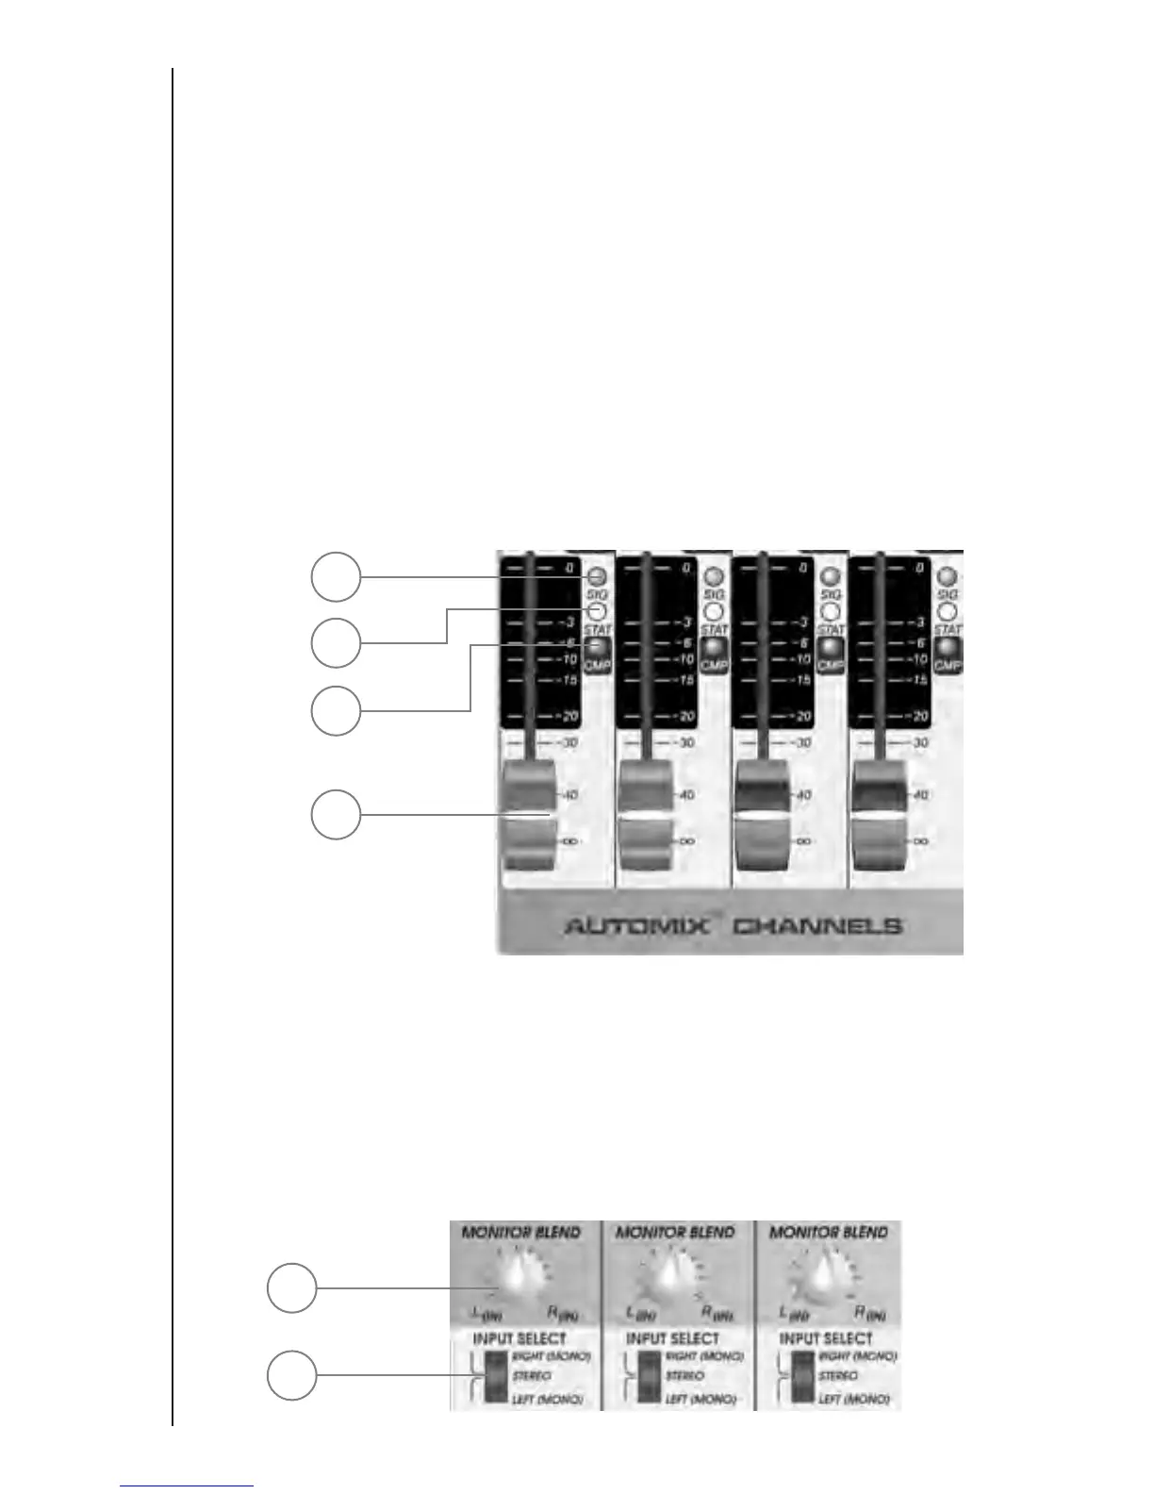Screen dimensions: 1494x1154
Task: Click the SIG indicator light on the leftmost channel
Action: tap(596, 576)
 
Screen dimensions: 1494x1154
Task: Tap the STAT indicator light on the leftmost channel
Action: tap(596, 611)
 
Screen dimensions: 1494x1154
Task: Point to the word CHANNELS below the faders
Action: tap(816, 925)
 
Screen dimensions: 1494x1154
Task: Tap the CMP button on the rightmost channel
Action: tap(947, 653)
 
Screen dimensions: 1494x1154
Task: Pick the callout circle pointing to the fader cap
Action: tap(336, 815)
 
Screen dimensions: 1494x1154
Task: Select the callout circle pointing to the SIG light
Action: tap(336, 576)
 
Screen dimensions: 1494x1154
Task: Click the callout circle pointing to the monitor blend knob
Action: tap(290, 1288)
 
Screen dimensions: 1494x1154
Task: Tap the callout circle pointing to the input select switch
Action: tap(290, 1375)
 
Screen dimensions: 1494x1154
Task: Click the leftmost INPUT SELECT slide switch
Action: tap(495, 1376)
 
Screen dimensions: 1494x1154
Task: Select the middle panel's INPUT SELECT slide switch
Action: tap(649, 1376)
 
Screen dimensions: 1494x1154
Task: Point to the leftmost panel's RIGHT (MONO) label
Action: tap(551, 1356)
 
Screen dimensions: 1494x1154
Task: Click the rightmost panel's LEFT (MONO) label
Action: tap(854, 1399)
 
